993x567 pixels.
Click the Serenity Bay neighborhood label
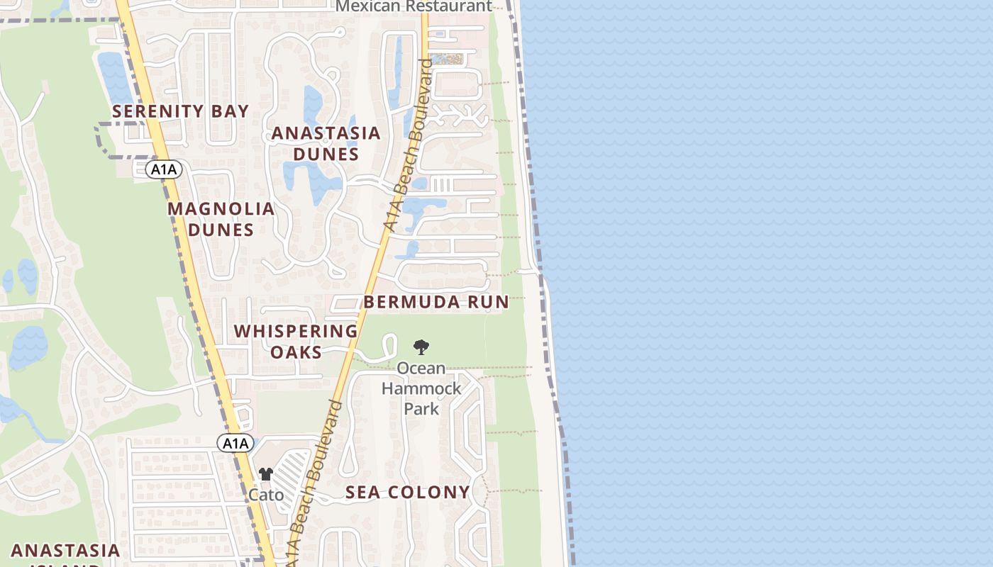(x=181, y=111)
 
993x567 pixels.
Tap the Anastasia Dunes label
(x=326, y=143)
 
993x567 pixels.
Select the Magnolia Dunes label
(x=221, y=219)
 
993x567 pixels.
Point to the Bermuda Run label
(x=436, y=302)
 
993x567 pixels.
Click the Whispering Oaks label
(x=296, y=341)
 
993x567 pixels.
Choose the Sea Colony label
(x=408, y=493)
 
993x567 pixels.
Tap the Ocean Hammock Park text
(x=421, y=388)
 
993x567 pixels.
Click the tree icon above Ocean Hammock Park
(x=421, y=347)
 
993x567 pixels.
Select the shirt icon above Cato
(x=265, y=474)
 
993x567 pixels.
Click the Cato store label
(x=266, y=495)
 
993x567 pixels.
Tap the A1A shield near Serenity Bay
(x=165, y=169)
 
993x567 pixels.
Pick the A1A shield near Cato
(x=235, y=444)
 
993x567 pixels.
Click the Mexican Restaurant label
(x=414, y=6)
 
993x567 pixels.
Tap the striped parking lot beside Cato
(x=292, y=473)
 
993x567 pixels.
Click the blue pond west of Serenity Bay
(x=114, y=74)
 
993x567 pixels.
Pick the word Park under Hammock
(x=421, y=409)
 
